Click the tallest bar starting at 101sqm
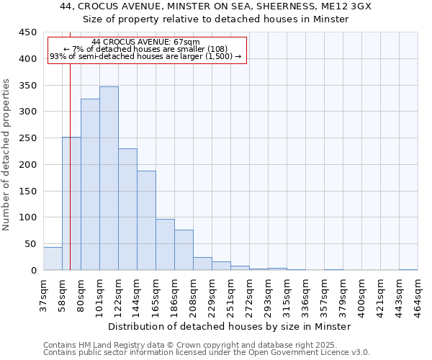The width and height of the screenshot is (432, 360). point(109,179)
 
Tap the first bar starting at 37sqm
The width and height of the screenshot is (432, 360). point(53,258)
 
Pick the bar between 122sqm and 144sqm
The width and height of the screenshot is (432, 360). point(127,210)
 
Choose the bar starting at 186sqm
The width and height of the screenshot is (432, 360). point(184,250)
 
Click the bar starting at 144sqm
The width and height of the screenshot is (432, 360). point(146,220)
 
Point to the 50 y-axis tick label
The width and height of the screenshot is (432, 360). point(30,244)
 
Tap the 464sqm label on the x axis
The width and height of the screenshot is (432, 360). point(418,294)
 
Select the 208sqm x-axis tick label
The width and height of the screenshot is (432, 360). point(193,294)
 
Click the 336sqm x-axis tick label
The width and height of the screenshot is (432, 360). point(305,294)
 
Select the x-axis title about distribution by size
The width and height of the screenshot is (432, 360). point(230,326)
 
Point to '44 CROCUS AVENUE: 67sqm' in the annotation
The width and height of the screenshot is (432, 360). point(146,42)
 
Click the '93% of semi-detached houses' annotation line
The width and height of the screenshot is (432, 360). point(146,56)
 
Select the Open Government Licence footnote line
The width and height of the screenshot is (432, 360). point(207,352)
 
